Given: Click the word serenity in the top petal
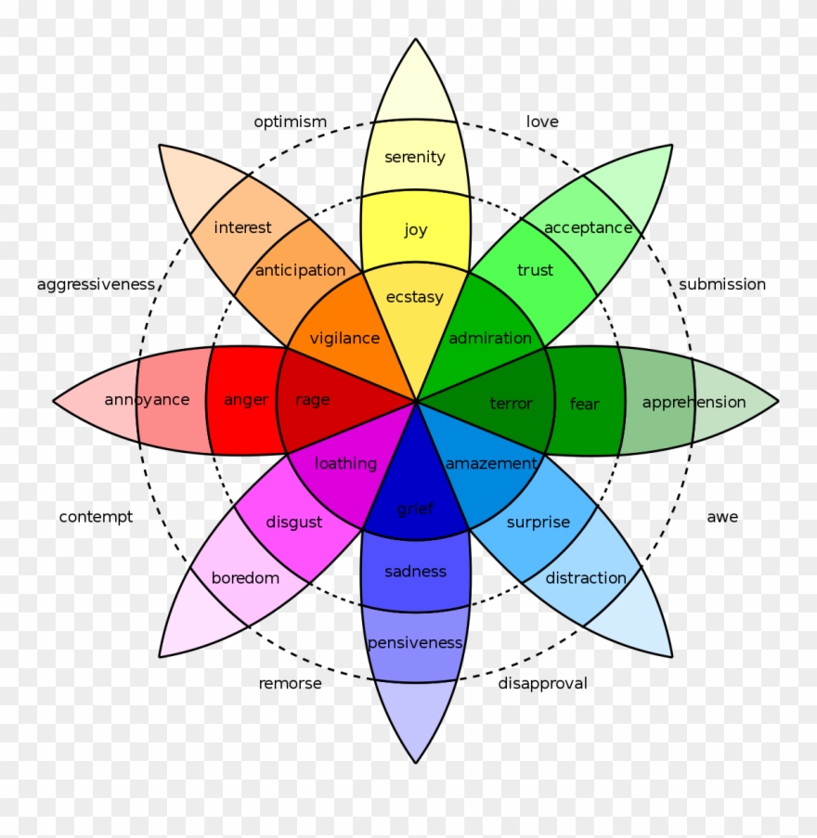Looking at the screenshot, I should point(415,157).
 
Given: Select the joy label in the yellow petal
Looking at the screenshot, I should point(415,229).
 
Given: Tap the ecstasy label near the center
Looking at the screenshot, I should point(415,297).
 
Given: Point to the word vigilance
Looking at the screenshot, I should point(344,339).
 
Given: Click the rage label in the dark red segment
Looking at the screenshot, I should point(312,400).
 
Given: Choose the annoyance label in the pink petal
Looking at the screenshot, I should point(147,400).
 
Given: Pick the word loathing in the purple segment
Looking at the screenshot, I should point(345,463).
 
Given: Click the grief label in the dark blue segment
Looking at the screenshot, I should point(415,508).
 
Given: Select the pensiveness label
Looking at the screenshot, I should point(415,642).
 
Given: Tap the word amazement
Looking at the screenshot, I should point(491,463).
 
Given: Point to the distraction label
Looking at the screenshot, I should point(586,577).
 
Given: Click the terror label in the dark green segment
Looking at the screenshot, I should point(511,403).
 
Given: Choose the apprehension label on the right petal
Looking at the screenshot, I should point(694,402).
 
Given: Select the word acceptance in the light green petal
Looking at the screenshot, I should point(588,227).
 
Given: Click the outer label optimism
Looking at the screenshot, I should point(291,122).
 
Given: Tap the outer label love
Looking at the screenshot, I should point(542,122).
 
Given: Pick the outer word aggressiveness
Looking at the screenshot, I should point(96,284).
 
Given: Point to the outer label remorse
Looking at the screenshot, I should point(290,683).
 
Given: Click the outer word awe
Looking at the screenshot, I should point(722,516).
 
